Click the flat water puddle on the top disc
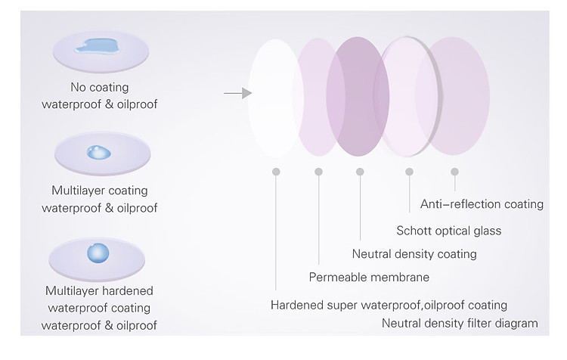[x=97, y=46]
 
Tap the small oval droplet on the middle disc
[x=99, y=152]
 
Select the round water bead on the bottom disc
[x=98, y=253]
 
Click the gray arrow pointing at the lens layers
[x=237, y=93]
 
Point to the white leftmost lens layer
[x=275, y=98]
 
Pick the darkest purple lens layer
[x=358, y=96]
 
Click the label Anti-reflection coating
[x=482, y=204]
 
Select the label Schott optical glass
[x=449, y=231]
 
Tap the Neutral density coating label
[x=414, y=254]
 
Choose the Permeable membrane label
[x=369, y=277]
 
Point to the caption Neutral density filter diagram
[x=460, y=323]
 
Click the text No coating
[x=100, y=87]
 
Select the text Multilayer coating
[x=100, y=191]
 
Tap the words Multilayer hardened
[x=99, y=290]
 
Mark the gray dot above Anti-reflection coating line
[x=454, y=172]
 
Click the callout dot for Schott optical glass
[x=409, y=172]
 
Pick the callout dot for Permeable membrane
[x=318, y=172]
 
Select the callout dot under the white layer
[x=276, y=172]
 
